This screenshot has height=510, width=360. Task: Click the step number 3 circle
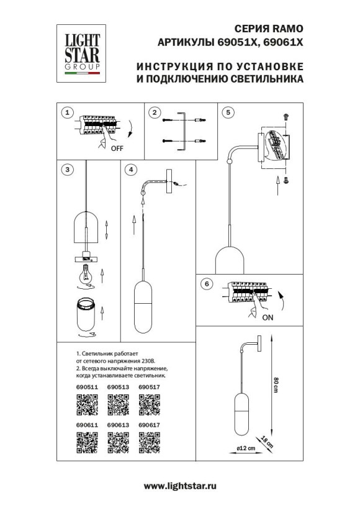point(68,168)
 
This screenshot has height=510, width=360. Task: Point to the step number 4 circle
point(130,168)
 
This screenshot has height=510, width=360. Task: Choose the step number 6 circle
point(207,284)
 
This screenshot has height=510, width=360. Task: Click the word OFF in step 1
point(117,149)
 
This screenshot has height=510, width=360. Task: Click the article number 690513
point(118,386)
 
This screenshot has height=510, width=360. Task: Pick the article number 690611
point(86,424)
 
